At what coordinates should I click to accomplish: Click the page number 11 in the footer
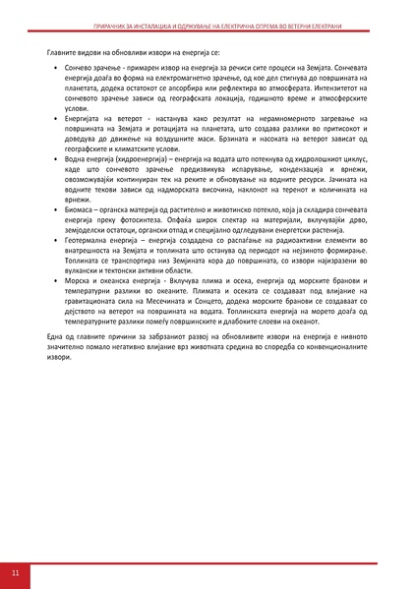click(15, 571)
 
